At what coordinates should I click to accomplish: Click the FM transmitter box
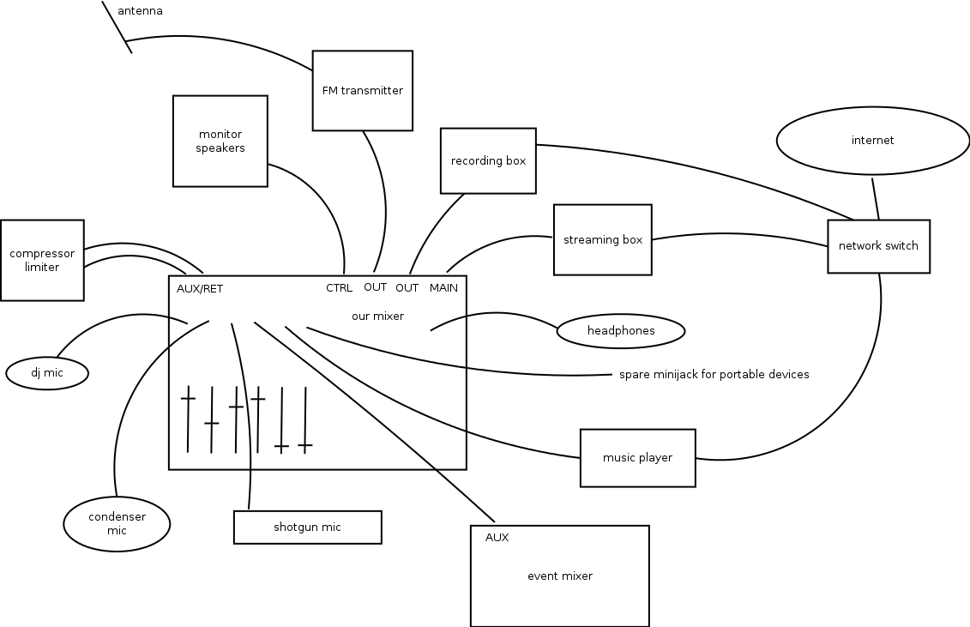362,90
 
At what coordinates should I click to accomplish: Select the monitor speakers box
220,141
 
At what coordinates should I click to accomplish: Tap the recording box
488,160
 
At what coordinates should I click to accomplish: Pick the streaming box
602,239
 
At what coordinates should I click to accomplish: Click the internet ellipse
872,140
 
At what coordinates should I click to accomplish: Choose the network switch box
878,245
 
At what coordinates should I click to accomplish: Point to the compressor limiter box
42,260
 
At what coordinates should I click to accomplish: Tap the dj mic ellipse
47,373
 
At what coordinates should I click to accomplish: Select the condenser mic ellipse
117,523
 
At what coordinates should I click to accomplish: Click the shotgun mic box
307,527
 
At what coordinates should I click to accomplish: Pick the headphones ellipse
621,331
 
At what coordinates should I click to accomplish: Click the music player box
637,457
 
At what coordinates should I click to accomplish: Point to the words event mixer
559,576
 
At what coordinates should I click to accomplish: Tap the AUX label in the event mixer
497,538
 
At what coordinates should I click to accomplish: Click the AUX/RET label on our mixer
200,288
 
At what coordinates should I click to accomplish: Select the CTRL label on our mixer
339,287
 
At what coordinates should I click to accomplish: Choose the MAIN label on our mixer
443,287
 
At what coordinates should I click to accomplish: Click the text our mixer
377,316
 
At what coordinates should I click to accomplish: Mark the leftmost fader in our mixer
188,399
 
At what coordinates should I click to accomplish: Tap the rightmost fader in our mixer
305,445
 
